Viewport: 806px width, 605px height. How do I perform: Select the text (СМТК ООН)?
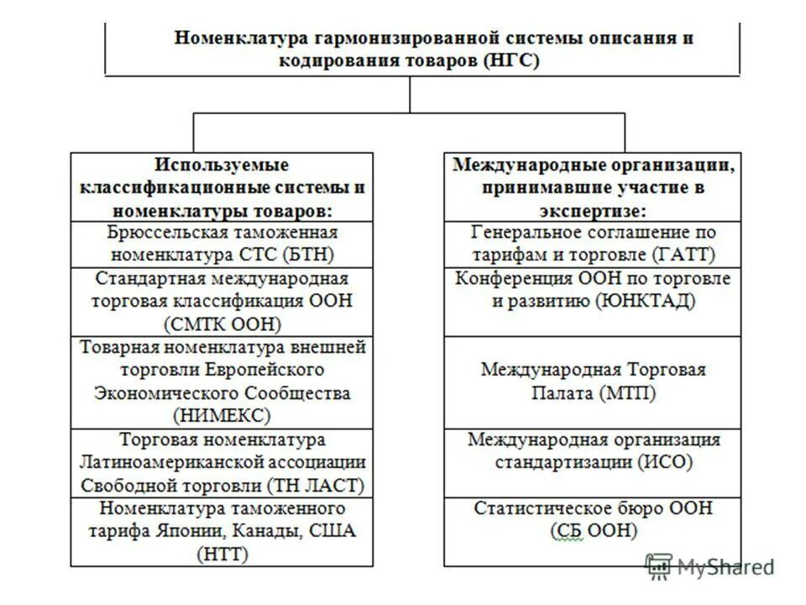(222, 324)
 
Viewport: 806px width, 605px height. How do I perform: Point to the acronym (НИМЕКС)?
(222, 415)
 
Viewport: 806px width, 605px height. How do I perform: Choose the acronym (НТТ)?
(222, 554)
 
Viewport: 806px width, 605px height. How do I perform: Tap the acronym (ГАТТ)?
(683, 254)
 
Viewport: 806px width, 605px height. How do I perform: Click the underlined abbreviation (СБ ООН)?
(594, 531)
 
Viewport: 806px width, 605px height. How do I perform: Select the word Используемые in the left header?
(222, 165)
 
